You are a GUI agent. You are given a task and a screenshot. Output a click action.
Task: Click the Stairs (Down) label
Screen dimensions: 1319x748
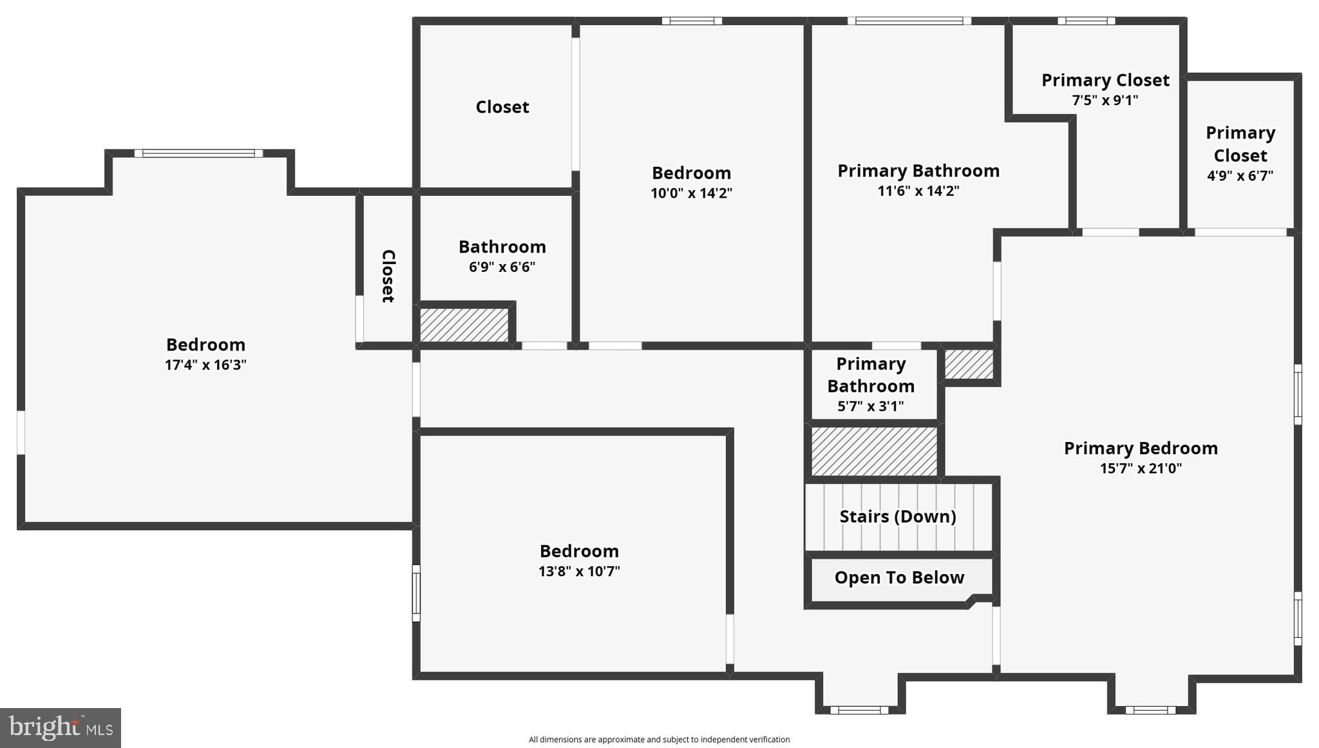pos(898,517)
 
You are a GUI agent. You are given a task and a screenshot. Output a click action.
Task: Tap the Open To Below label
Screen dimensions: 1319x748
pos(899,577)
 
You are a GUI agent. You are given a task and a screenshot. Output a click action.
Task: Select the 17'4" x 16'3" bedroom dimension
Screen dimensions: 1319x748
pos(205,365)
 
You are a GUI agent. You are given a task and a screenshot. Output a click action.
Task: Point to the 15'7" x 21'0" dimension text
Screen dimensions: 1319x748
pos(1141,468)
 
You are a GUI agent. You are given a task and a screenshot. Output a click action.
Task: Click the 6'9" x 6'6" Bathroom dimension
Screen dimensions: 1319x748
pos(502,267)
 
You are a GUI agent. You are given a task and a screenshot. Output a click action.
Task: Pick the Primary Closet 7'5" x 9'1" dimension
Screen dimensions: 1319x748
pos(1105,100)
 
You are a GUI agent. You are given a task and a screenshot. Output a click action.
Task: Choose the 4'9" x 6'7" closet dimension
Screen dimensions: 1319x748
pos(1240,175)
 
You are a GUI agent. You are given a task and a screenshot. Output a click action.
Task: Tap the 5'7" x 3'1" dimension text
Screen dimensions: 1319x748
pos(871,406)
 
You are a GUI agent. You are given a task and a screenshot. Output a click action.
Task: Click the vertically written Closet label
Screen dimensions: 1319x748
pos(388,276)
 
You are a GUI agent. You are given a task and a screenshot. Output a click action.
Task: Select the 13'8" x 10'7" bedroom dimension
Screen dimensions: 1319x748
pos(579,571)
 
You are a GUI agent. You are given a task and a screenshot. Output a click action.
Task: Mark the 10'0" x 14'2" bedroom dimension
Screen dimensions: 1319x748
pos(691,193)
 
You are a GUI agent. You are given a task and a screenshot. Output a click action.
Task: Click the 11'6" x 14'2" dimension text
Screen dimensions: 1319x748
pos(918,191)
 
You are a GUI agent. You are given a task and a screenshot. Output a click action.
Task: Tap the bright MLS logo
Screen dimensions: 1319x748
pos(61,728)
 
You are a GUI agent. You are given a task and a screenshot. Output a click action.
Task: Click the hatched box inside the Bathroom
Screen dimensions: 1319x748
pos(464,325)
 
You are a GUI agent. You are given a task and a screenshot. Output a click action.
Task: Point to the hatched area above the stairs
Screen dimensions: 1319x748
pos(874,451)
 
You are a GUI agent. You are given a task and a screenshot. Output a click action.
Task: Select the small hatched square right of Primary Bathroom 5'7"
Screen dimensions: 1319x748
pos(969,364)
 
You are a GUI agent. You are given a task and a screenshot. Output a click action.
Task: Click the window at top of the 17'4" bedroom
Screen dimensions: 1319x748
pos(198,153)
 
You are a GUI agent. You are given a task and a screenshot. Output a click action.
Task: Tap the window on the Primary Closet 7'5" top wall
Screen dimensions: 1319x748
pos(1087,21)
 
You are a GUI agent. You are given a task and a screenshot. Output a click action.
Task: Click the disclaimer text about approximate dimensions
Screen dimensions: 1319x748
pos(659,740)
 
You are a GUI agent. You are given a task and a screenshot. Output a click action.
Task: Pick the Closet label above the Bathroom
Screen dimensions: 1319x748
pos(502,107)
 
